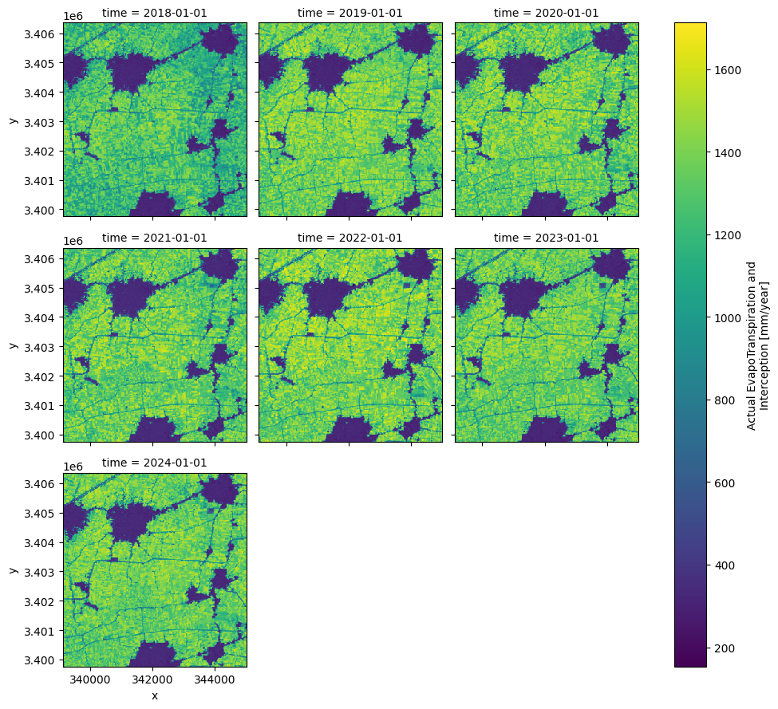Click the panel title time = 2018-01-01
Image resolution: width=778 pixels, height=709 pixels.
pos(155,13)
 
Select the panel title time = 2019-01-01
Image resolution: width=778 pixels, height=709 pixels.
pos(350,13)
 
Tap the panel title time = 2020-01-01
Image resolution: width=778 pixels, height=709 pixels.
pos(547,13)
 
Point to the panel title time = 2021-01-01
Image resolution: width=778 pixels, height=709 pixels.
pos(155,238)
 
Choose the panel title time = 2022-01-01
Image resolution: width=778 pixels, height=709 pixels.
pos(350,238)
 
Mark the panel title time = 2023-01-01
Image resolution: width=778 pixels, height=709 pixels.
pos(547,238)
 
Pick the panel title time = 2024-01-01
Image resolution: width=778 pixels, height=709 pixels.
pos(155,463)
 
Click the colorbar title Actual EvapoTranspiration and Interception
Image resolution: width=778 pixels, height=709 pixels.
pos(758,345)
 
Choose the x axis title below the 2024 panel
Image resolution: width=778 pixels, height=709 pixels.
pos(155,695)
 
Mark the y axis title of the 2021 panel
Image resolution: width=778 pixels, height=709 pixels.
pos(13,345)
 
